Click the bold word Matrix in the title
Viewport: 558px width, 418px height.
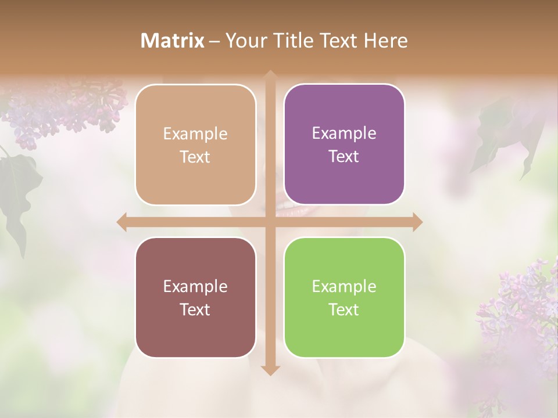[173, 41]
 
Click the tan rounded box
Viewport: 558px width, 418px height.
[195, 145]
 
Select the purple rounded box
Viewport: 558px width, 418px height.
[344, 145]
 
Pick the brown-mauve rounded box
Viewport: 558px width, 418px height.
[195, 297]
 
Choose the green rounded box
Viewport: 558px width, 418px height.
[344, 297]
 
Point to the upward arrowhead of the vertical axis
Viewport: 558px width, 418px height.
[270, 76]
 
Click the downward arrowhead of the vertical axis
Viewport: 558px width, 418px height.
[270, 370]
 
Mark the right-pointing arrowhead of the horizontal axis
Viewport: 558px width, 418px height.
[417, 222]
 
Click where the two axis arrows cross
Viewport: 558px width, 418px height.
[270, 222]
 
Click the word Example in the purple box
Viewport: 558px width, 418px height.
[344, 133]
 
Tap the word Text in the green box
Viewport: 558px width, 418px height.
[344, 309]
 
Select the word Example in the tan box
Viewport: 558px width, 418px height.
[195, 134]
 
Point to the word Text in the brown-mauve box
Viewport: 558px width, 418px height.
[195, 309]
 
